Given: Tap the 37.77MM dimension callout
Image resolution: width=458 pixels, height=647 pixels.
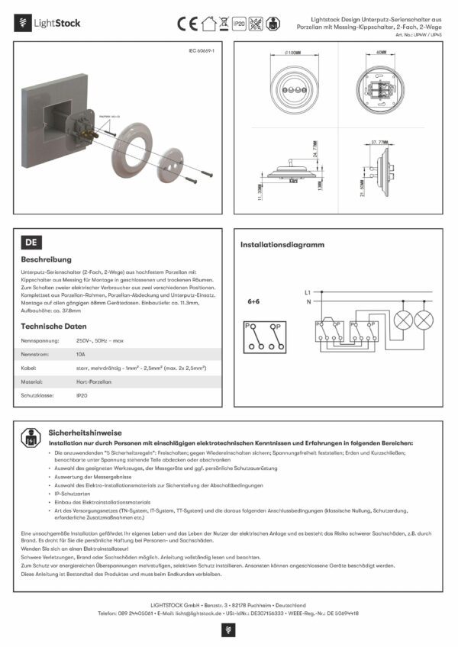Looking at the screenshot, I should click(x=380, y=142).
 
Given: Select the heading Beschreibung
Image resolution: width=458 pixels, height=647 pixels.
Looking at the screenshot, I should click(x=47, y=259).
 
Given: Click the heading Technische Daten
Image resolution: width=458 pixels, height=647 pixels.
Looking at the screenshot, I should click(x=53, y=326).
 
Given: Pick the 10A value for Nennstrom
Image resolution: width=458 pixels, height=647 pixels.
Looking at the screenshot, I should click(x=80, y=354).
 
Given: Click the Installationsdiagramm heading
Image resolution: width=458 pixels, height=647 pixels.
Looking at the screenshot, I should click(x=282, y=245).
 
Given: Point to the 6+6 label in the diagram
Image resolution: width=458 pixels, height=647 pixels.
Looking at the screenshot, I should click(x=254, y=301).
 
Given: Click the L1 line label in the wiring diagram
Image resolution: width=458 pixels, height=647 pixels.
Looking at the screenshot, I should click(x=308, y=292).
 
